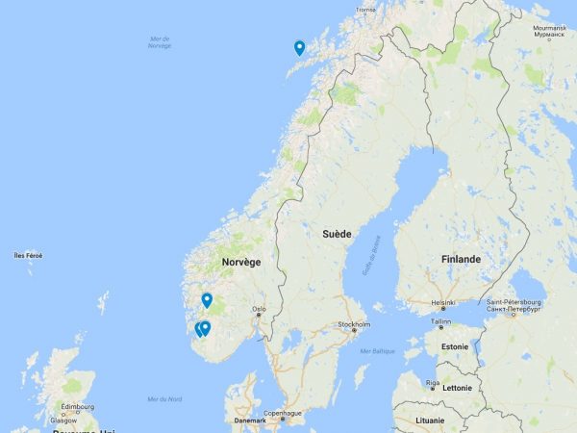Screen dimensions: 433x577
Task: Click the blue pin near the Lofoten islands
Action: click(x=299, y=48)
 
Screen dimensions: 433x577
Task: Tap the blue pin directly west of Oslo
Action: click(x=207, y=299)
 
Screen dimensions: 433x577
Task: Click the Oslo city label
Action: click(x=259, y=309)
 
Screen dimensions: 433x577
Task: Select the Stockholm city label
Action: click(x=353, y=325)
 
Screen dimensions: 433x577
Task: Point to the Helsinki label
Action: click(x=443, y=302)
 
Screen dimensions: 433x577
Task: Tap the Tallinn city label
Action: click(x=440, y=321)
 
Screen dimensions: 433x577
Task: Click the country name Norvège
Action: click(x=240, y=262)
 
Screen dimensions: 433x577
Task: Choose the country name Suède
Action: click(x=337, y=234)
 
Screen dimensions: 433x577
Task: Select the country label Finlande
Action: click(x=461, y=259)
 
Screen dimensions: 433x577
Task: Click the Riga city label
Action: click(x=433, y=382)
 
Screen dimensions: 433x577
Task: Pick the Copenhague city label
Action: click(x=284, y=413)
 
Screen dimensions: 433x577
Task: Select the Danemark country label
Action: click(x=250, y=420)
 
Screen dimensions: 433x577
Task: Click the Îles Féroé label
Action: click(x=29, y=255)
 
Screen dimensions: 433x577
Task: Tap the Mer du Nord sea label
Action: click(x=165, y=399)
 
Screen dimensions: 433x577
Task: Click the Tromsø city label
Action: click(x=365, y=10)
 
